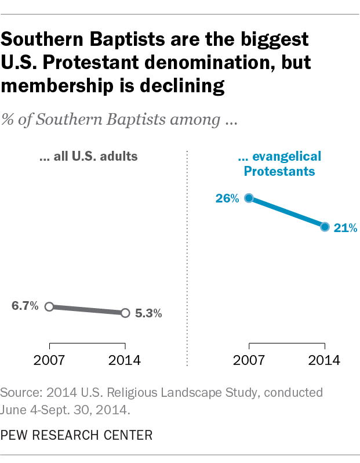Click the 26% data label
[227, 198]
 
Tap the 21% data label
[345, 228]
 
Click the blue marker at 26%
[249, 198]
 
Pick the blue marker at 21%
[325, 226]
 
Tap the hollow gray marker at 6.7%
[49, 306]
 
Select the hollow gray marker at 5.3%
[125, 313]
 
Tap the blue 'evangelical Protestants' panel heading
[279, 164]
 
